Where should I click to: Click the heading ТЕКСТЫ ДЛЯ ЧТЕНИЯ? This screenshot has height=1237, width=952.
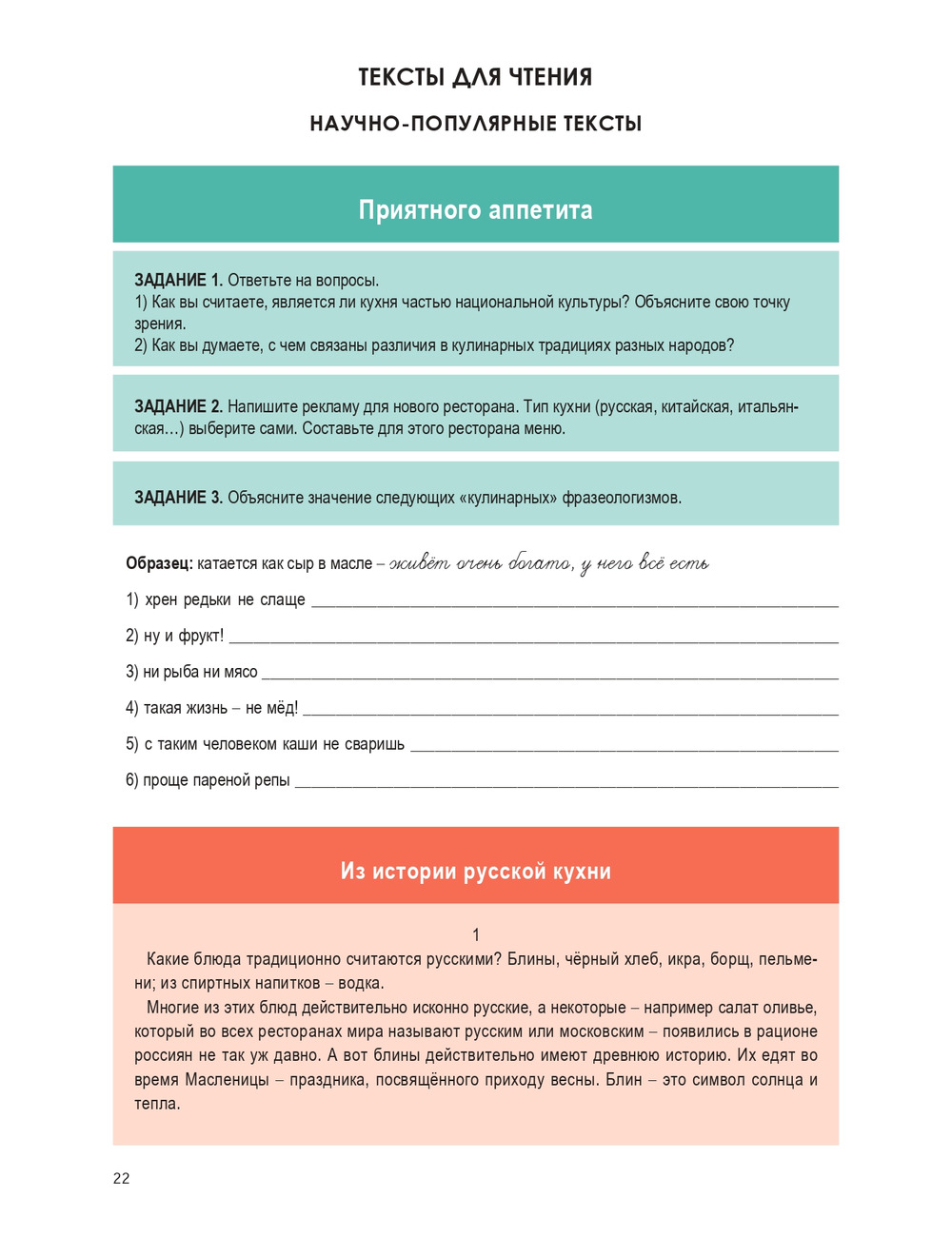(x=475, y=77)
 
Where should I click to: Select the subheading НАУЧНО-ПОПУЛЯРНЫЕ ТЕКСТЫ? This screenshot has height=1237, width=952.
(x=475, y=124)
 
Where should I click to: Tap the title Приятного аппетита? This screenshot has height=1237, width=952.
(x=475, y=209)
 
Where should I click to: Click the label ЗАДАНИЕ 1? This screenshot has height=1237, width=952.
(x=178, y=280)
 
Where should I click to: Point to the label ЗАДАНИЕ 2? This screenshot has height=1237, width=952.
(x=178, y=406)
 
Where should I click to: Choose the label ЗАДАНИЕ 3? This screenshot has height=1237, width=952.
(x=178, y=497)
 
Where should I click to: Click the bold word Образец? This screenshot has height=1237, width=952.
(x=159, y=563)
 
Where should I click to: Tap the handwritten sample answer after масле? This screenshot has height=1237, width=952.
(x=548, y=563)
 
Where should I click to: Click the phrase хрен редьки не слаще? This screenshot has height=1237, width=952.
(x=225, y=599)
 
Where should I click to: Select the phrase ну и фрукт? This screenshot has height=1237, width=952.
(x=183, y=636)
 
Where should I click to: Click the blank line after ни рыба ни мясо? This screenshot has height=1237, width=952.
(x=549, y=677)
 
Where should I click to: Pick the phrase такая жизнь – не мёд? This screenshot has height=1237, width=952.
(x=220, y=708)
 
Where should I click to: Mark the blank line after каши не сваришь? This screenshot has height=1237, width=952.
(x=624, y=749)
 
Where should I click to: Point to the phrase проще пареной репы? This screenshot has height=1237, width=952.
(x=216, y=780)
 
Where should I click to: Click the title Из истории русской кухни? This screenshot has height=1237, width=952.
(x=475, y=871)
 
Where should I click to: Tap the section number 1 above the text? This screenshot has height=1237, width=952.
(x=476, y=934)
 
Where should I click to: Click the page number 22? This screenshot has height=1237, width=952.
(x=121, y=1178)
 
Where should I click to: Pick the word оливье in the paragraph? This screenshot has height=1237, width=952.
(x=789, y=1008)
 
